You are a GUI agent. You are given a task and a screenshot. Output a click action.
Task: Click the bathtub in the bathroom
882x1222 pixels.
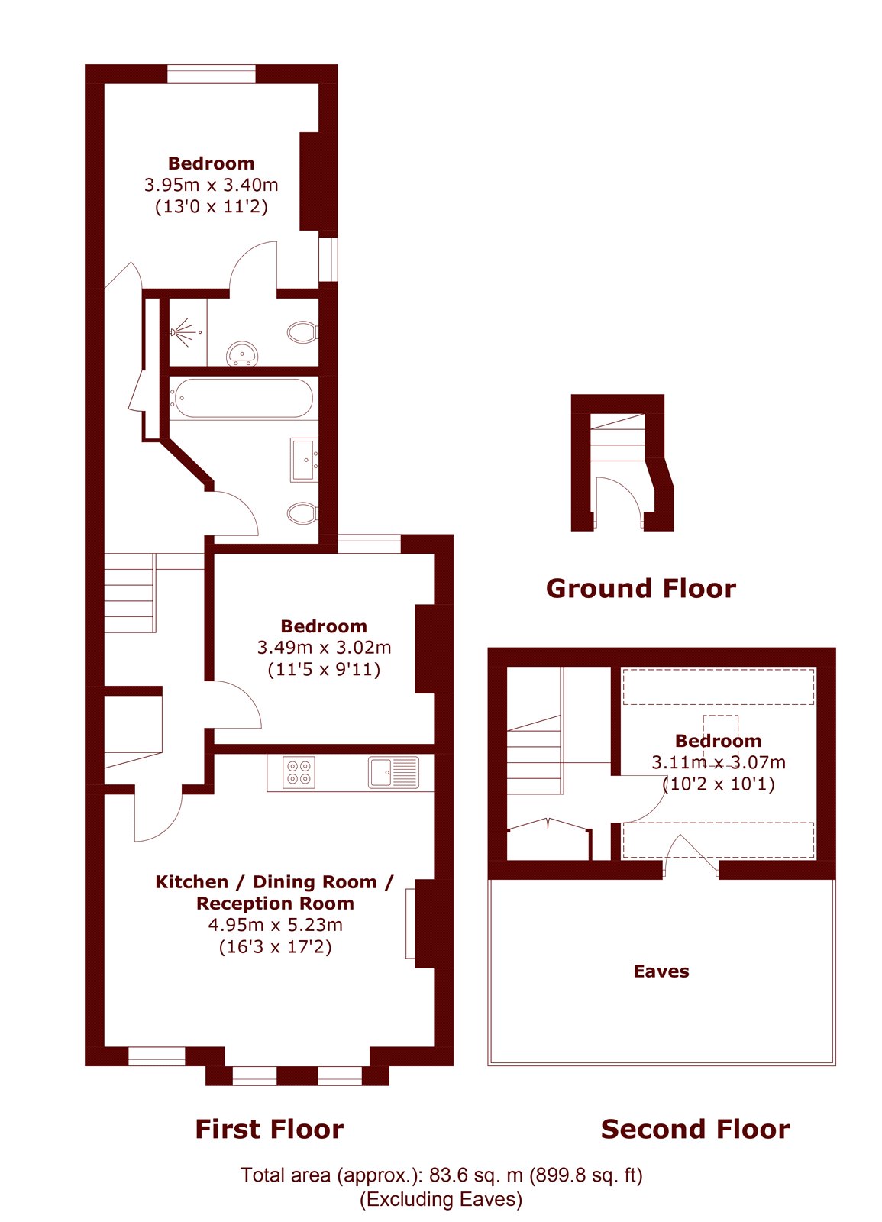pos(241,398)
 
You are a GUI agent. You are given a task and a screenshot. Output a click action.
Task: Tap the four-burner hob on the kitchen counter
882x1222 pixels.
pos(299,772)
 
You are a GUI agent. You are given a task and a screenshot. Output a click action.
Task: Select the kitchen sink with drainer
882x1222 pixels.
pos(393,772)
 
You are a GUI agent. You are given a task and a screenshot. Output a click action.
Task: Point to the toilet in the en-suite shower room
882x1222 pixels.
pos(302,331)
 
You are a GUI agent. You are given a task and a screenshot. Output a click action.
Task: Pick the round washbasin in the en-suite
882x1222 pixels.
pos(241,354)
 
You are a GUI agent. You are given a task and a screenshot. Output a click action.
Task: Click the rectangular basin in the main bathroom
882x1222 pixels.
pos(303,459)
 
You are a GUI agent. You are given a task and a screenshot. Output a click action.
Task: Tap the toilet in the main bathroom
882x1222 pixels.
pos(302,512)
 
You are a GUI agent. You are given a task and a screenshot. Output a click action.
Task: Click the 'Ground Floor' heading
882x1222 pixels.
pos(641,589)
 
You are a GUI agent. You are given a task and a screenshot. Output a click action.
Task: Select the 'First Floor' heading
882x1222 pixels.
pos(270,1130)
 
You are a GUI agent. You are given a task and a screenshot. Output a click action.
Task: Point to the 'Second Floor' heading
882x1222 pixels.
pos(695,1130)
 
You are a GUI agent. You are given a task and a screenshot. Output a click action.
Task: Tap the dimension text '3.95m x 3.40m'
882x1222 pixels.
pos(211,185)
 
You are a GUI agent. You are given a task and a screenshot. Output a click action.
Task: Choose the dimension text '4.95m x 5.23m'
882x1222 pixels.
pos(276,925)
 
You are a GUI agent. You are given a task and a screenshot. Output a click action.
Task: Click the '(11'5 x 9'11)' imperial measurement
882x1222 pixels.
pos(324,669)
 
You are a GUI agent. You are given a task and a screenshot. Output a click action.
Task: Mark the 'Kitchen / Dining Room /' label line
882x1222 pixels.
pos(274,882)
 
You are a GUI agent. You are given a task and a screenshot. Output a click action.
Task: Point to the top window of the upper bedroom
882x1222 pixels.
pos(211,73)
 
